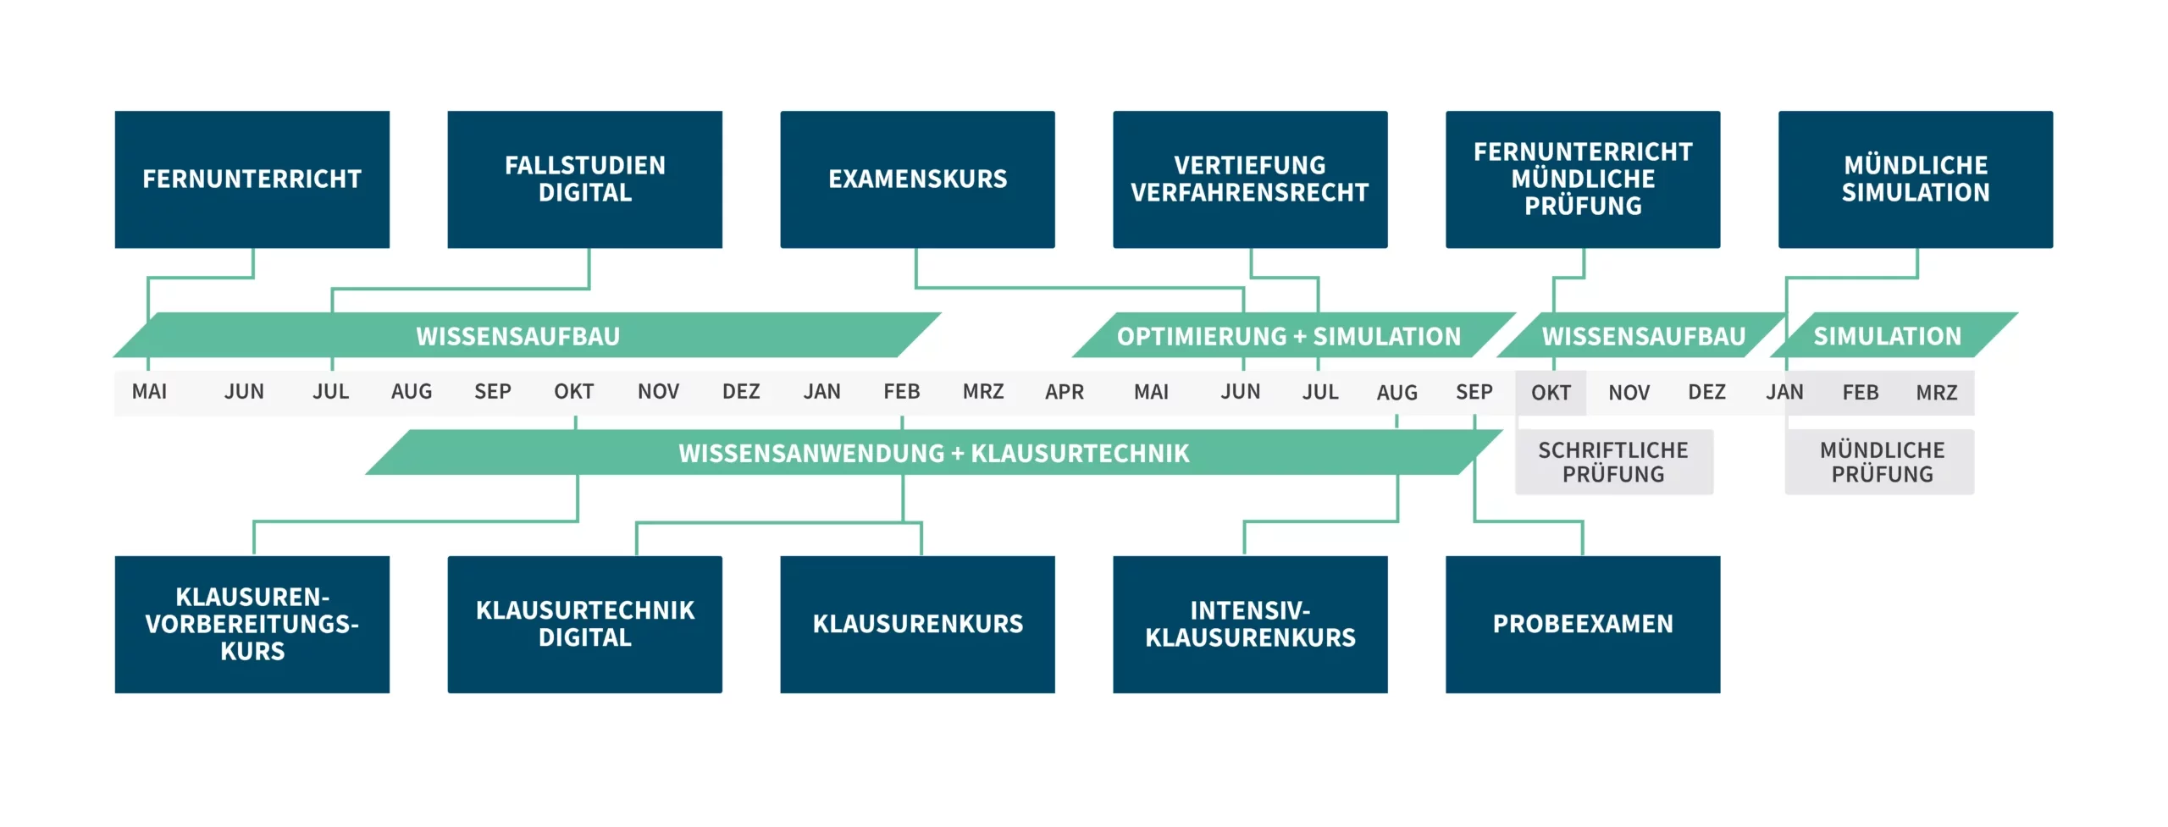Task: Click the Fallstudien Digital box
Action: (x=584, y=179)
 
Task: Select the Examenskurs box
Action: (x=917, y=179)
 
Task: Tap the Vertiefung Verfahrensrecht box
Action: (x=1250, y=179)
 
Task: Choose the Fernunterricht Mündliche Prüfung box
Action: (x=1583, y=179)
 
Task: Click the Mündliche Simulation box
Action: (x=1916, y=179)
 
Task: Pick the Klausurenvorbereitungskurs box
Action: (x=252, y=625)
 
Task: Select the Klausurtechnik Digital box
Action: (x=584, y=625)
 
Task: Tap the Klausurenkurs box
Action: (x=917, y=625)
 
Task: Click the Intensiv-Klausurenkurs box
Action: (x=1250, y=625)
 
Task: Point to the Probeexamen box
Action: (x=1583, y=625)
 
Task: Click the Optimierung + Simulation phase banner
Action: (x=1293, y=335)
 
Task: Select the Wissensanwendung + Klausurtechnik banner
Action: (x=933, y=452)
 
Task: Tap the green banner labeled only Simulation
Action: (x=1894, y=335)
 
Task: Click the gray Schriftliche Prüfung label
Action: (x=1613, y=462)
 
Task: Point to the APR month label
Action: (x=1065, y=392)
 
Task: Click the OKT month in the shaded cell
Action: (x=1551, y=393)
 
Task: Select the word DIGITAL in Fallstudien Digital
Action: (x=585, y=193)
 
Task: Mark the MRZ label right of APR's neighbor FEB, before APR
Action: (x=983, y=392)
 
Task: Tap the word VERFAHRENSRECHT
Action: (x=1250, y=193)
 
